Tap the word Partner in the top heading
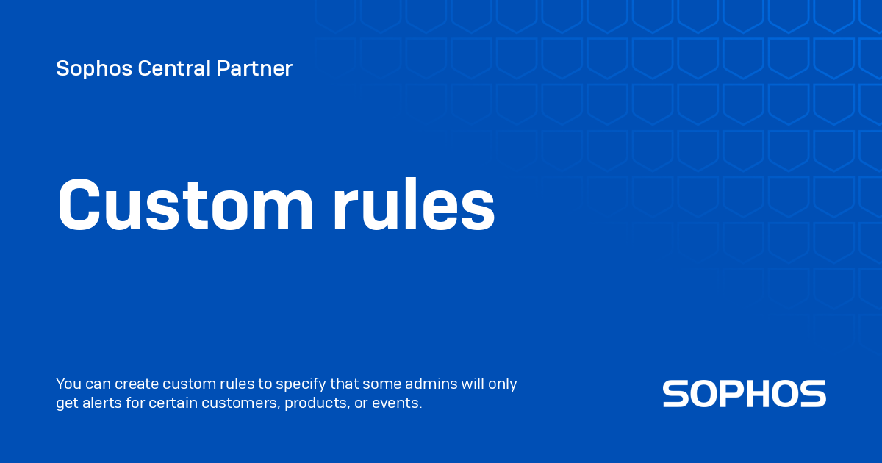tap(254, 68)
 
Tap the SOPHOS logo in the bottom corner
tap(744, 394)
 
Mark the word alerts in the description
tap(100, 403)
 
